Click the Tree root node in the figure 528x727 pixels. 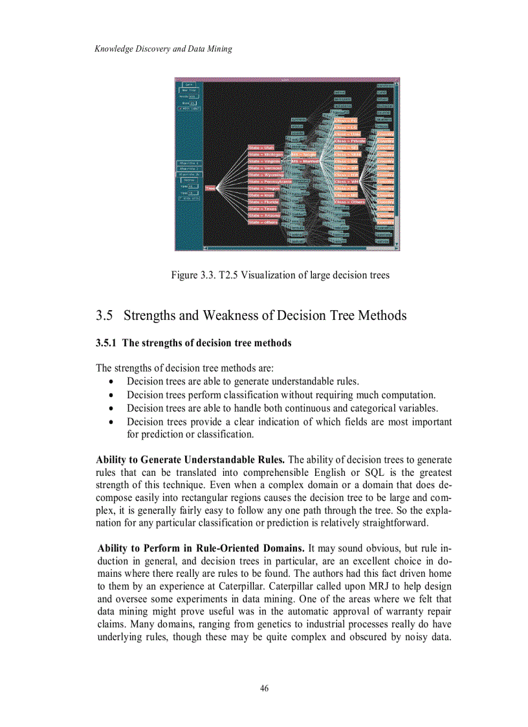[x=210, y=188]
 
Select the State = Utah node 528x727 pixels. [x=261, y=148]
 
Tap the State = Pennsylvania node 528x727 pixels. [x=269, y=181]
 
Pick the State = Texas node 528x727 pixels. [x=263, y=208]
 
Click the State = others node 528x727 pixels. [x=263, y=222]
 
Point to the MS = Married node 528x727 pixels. [x=303, y=161]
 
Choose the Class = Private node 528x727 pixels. [x=350, y=140]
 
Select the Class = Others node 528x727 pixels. [x=349, y=201]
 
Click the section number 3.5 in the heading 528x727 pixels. [x=105, y=316]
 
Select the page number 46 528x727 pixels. [x=264, y=688]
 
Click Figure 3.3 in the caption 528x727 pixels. [x=194, y=275]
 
